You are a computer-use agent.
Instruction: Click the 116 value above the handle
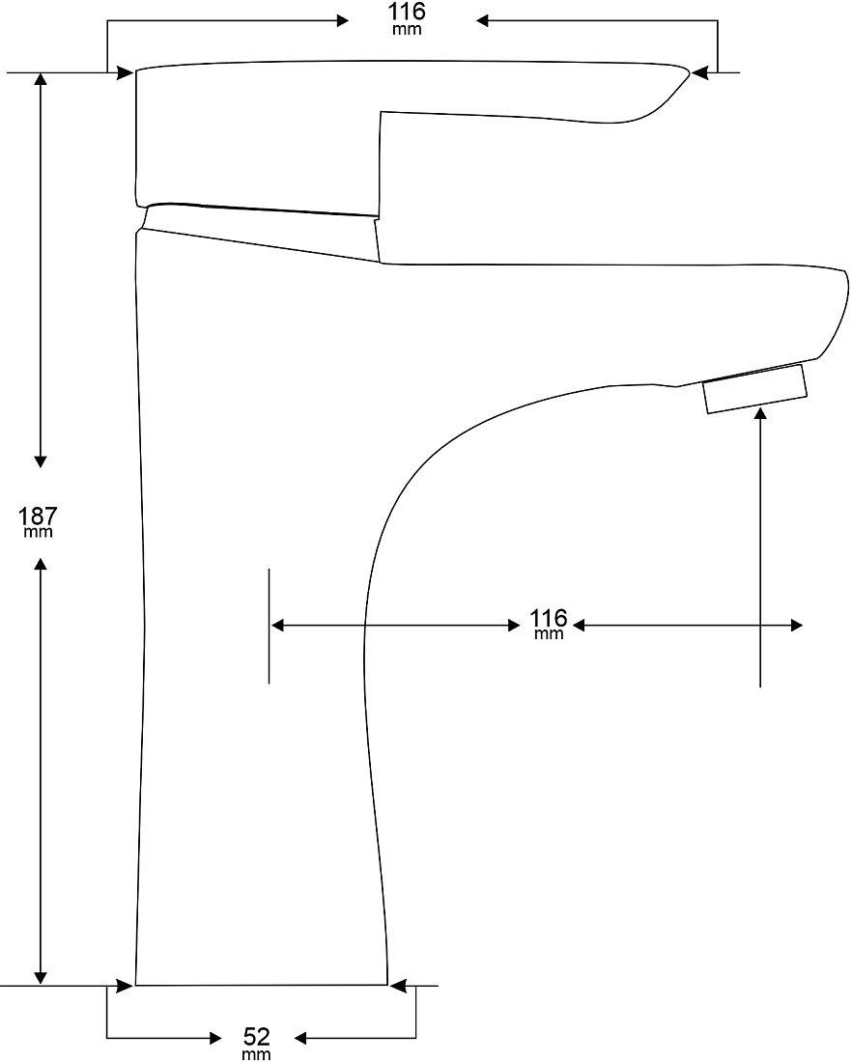(x=407, y=12)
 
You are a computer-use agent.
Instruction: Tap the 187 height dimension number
(x=38, y=517)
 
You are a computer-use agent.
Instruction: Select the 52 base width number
(x=257, y=1036)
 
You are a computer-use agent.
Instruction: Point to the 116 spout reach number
(x=549, y=618)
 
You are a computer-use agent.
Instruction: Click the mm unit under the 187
(x=38, y=532)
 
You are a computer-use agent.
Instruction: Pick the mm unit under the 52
(x=257, y=1054)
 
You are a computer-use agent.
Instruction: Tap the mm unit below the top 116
(x=407, y=29)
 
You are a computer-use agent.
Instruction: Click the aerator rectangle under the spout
(x=755, y=389)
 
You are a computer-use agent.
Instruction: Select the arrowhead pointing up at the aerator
(x=760, y=414)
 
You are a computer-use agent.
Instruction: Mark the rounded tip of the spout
(x=844, y=292)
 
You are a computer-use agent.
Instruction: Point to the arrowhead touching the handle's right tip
(x=699, y=71)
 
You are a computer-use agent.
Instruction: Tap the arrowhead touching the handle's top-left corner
(x=126, y=72)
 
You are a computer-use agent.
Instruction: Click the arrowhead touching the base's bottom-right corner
(x=398, y=986)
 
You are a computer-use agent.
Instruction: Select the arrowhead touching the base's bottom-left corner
(x=125, y=986)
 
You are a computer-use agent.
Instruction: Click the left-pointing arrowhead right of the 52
(x=300, y=1038)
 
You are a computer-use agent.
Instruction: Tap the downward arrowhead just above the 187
(x=41, y=461)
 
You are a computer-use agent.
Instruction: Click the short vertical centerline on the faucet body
(x=270, y=626)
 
